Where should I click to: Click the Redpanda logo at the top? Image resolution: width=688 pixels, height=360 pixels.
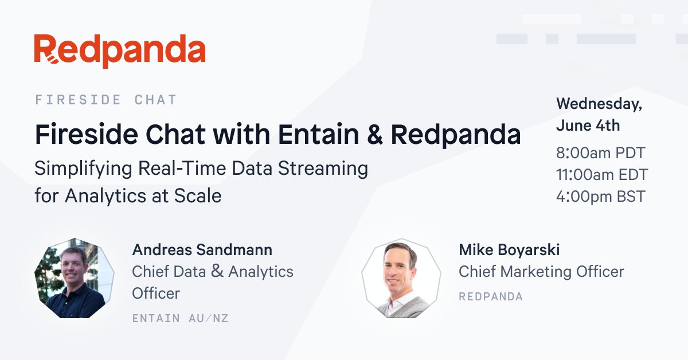point(119,50)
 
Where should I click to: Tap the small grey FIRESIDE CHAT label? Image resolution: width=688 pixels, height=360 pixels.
point(106,100)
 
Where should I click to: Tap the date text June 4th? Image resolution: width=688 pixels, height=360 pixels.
point(588,125)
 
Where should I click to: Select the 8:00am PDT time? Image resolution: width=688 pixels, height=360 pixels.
point(600,153)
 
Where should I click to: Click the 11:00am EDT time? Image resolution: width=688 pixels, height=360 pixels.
point(601,175)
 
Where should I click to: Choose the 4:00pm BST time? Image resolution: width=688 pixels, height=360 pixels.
point(600,197)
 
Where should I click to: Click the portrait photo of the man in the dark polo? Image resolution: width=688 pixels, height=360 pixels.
point(74,279)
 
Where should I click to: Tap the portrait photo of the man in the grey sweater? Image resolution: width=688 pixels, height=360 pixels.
point(401,279)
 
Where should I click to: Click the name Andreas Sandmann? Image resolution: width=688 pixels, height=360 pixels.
point(202,250)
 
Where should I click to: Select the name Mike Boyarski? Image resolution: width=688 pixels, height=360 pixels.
point(509,250)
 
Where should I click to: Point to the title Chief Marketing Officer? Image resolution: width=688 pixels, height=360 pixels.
point(541,271)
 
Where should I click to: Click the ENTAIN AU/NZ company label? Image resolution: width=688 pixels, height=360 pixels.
point(180,318)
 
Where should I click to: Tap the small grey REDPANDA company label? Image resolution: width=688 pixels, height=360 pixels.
point(490,296)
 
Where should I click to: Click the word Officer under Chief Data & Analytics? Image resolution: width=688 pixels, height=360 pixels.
point(156,293)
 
